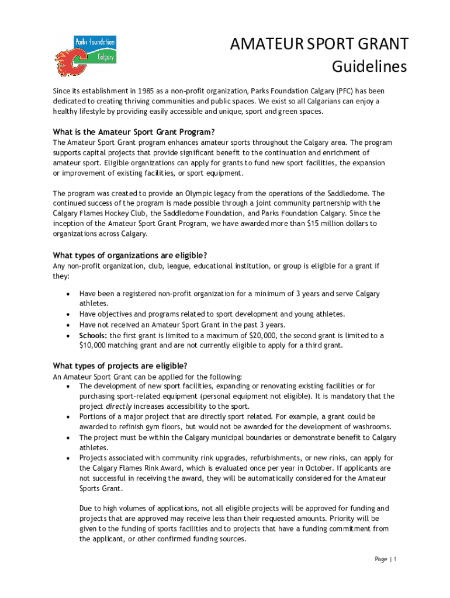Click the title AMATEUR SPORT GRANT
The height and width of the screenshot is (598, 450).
click(319, 44)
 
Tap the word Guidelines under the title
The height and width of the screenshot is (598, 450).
click(369, 67)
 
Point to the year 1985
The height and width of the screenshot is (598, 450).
click(148, 91)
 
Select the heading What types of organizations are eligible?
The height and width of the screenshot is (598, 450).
click(130, 255)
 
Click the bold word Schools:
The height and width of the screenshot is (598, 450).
click(94, 335)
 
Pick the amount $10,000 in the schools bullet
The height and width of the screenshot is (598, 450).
click(94, 345)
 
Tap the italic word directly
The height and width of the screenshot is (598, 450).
click(118, 406)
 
